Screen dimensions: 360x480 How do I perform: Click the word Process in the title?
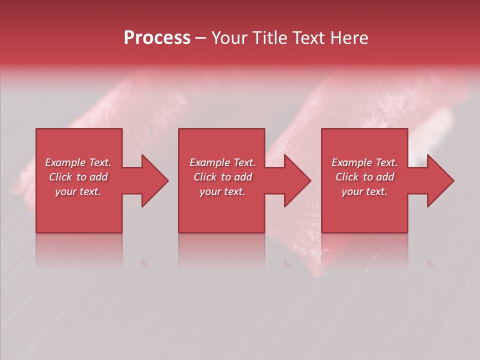click(x=157, y=38)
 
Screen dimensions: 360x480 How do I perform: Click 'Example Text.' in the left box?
click(x=78, y=162)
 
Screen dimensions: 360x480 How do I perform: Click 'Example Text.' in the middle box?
click(x=222, y=162)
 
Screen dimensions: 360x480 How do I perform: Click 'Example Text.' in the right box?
click(x=364, y=162)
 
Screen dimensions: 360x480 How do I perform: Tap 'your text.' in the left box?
click(x=78, y=191)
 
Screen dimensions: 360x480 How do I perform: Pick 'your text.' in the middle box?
click(x=222, y=191)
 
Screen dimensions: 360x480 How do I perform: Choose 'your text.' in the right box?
click(x=364, y=191)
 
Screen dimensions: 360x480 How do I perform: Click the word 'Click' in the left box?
click(x=60, y=177)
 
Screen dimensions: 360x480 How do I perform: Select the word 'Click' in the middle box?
click(x=205, y=177)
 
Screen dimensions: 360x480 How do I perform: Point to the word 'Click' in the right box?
click(x=347, y=177)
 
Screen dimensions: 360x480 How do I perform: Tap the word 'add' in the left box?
click(x=99, y=177)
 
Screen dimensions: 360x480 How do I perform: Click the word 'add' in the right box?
click(x=385, y=177)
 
